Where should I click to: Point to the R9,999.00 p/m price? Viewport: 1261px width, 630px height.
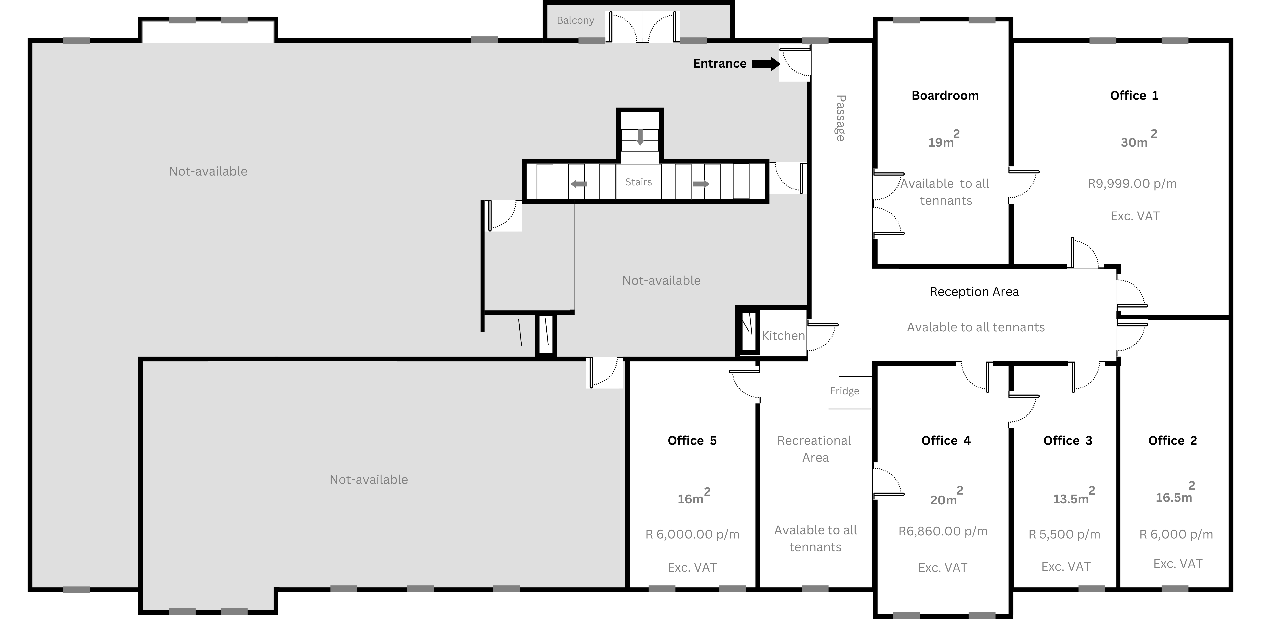click(x=1132, y=183)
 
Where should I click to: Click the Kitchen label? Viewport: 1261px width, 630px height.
click(x=783, y=336)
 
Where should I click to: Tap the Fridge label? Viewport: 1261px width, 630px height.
click(x=844, y=391)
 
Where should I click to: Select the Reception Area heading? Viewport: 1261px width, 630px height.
click(x=974, y=291)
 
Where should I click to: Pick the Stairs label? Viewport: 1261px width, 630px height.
click(x=638, y=182)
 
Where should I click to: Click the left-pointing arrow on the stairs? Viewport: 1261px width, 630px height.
click(x=579, y=184)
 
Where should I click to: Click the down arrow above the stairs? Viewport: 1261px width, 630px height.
click(x=640, y=137)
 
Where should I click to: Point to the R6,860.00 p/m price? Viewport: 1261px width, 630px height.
click(x=943, y=531)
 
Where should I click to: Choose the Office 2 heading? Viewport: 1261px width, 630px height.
click(x=1172, y=441)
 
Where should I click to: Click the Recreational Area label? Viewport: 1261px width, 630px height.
click(x=815, y=449)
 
